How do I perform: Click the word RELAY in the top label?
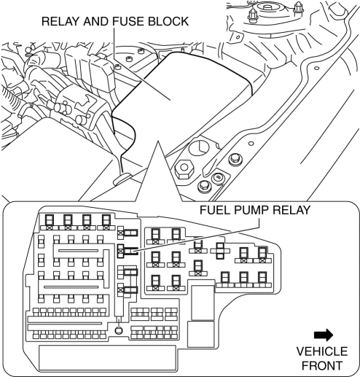click(60, 21)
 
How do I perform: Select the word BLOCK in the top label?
click(168, 21)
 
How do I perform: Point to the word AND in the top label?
click(96, 21)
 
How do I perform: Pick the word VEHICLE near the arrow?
click(322, 351)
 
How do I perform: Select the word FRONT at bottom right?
click(322, 365)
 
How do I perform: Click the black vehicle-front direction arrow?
click(324, 335)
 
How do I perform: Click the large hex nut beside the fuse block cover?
click(184, 168)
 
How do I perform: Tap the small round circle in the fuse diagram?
click(119, 330)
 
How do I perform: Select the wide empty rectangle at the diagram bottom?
click(107, 358)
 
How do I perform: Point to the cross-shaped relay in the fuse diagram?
click(220, 251)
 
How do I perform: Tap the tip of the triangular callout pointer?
click(158, 141)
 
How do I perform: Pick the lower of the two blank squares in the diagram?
click(201, 334)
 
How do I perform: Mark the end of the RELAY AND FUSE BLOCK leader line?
click(169, 99)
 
